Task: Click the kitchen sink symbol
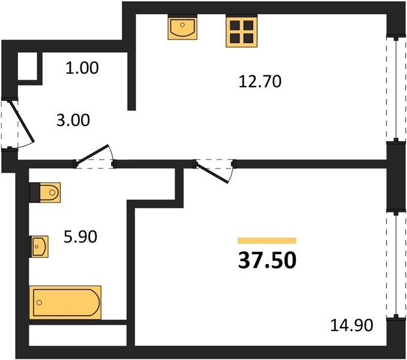(x=182, y=27)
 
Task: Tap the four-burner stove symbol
(x=242, y=31)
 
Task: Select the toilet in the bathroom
(x=45, y=193)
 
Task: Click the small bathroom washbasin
(x=38, y=247)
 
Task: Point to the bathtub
(x=65, y=302)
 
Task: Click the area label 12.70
(x=260, y=81)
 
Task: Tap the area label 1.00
(x=82, y=68)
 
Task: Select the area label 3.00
(x=73, y=120)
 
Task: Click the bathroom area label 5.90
(x=80, y=236)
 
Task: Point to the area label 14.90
(x=352, y=325)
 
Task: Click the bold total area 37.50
(x=267, y=260)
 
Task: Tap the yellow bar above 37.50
(x=267, y=241)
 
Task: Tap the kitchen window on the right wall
(x=396, y=89)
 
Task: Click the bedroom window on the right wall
(x=396, y=265)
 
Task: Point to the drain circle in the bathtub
(x=40, y=302)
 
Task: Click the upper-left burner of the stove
(x=235, y=25)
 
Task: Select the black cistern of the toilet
(x=35, y=193)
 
